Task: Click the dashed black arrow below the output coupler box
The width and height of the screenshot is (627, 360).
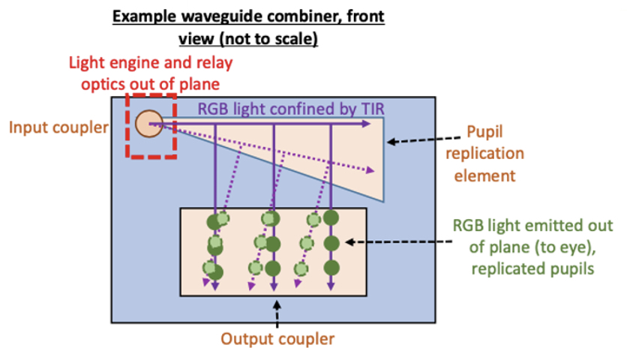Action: pos(277,313)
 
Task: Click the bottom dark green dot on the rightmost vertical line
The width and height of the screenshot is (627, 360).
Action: pos(331,268)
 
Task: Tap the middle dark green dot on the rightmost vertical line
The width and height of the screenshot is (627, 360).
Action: pos(331,244)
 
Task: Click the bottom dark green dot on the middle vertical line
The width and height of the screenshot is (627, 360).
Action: pos(273,268)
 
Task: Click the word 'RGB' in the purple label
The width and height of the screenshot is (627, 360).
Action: pos(211,109)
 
